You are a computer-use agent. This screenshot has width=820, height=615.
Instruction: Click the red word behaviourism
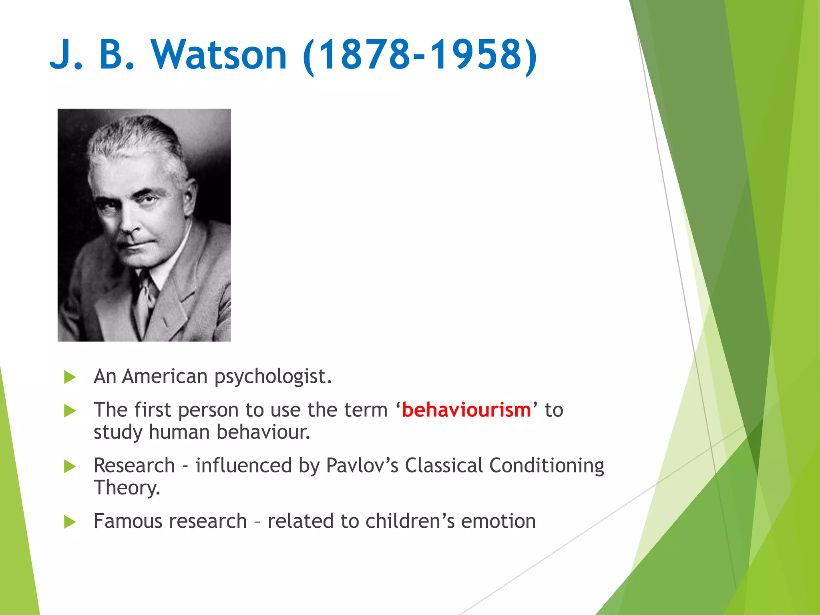(466, 410)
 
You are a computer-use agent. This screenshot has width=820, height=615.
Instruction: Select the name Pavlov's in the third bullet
(362, 466)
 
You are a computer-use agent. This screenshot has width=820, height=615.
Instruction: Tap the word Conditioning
(547, 466)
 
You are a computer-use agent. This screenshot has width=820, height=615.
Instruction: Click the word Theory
(127, 488)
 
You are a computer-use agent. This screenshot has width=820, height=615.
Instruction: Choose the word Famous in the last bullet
(130, 521)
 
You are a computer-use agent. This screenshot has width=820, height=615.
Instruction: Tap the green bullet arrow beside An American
(70, 377)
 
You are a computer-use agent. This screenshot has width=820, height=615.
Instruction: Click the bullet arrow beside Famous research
(70, 522)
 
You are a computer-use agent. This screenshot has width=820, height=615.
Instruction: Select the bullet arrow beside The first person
(70, 411)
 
